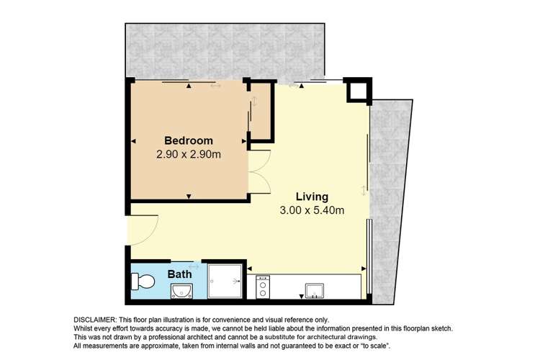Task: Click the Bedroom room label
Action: tap(189, 140)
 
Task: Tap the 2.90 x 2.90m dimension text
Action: tap(189, 154)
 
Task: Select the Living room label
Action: tap(312, 197)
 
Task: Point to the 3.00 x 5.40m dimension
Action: tap(312, 210)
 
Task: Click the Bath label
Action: tap(179, 274)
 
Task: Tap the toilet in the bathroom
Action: tap(143, 282)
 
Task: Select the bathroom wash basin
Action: tap(182, 292)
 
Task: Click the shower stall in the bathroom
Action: tap(225, 281)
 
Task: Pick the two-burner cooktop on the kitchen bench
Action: tap(263, 287)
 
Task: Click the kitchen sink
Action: tap(315, 291)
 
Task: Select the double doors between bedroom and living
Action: tap(260, 171)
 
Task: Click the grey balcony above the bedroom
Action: tap(225, 50)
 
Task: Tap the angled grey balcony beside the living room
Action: tap(391, 202)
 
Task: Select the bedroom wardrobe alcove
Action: tap(261, 111)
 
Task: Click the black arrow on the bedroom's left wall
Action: tap(134, 141)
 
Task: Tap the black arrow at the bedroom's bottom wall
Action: tap(189, 197)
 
